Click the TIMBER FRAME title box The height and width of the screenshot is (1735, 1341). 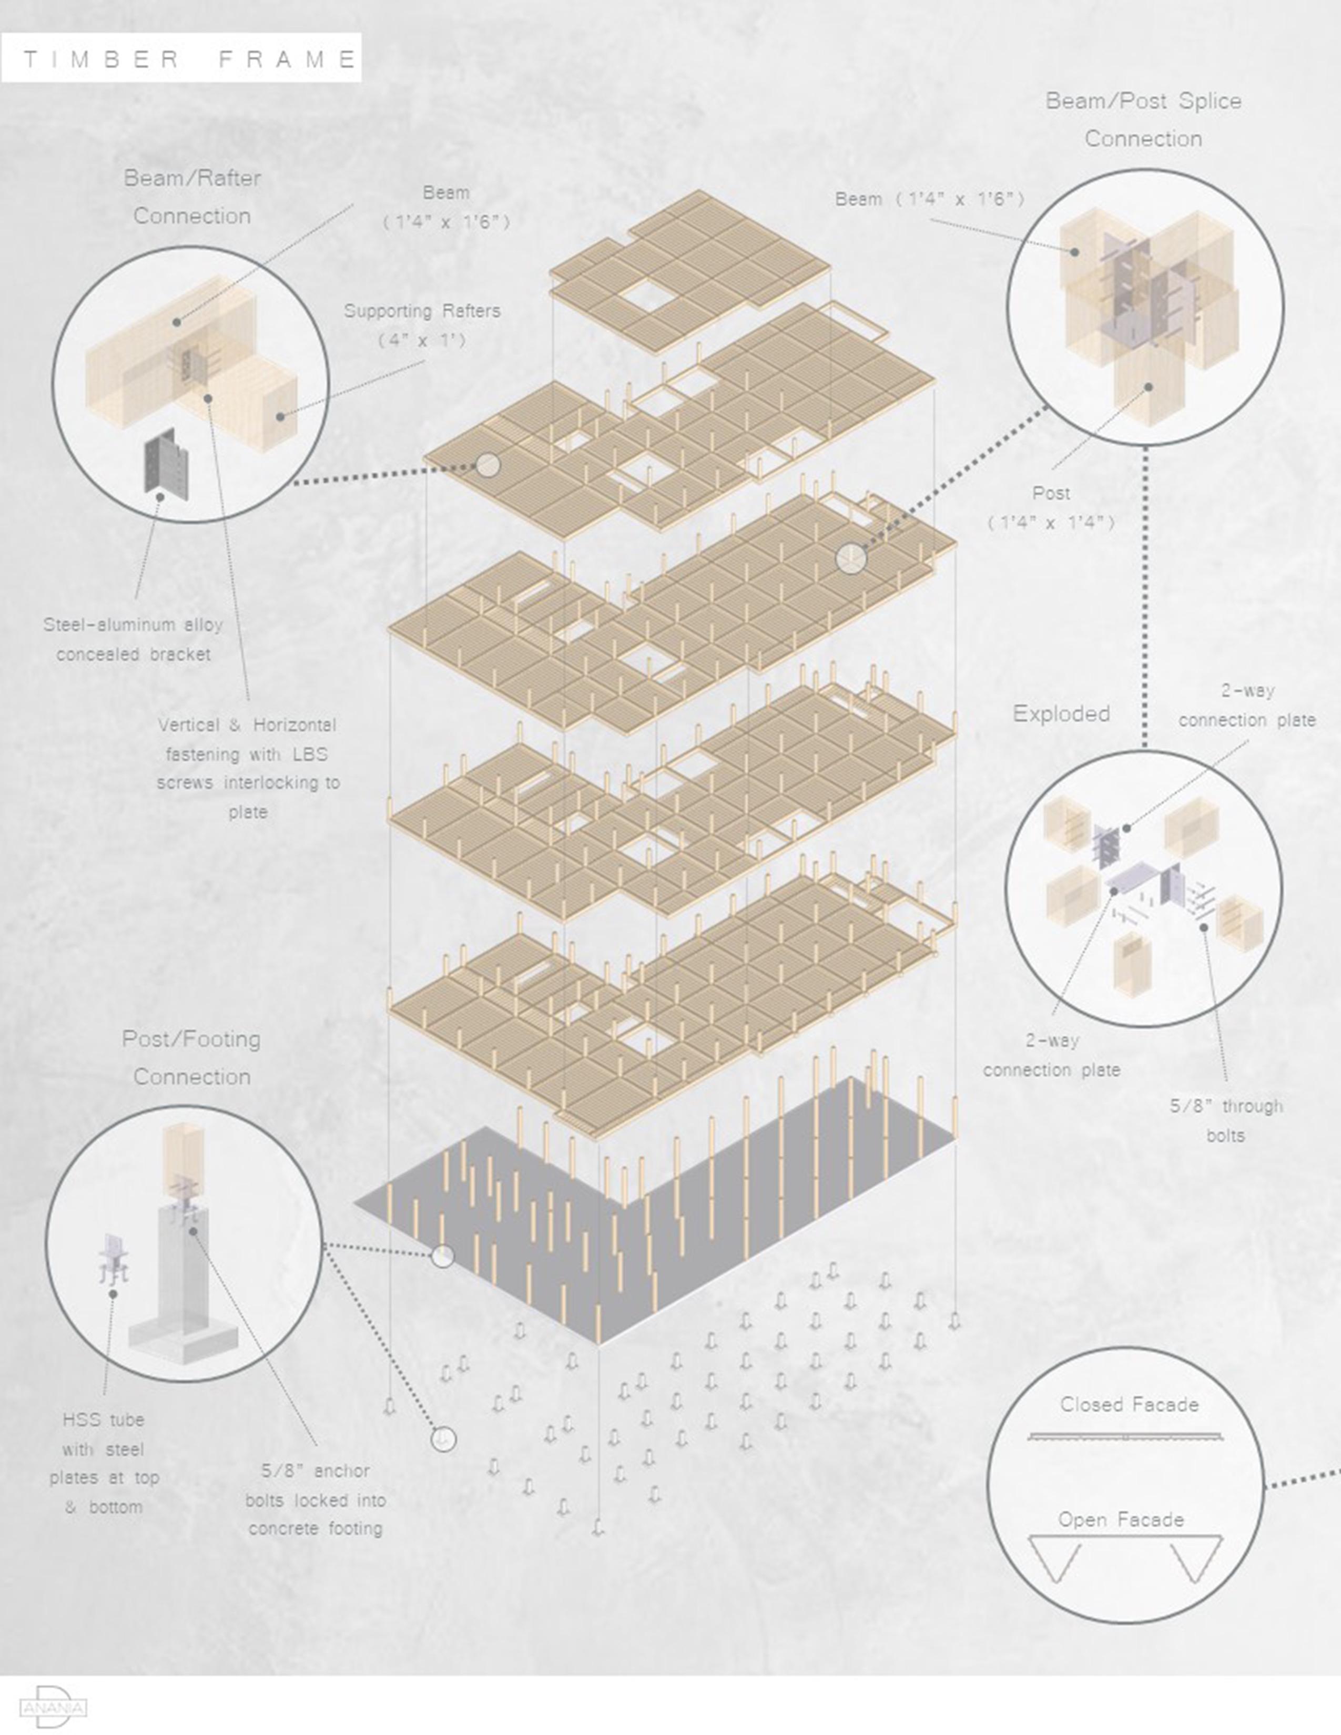click(x=181, y=58)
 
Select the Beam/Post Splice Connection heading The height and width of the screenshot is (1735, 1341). click(x=1143, y=120)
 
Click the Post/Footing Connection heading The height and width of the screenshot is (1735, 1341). click(x=191, y=1057)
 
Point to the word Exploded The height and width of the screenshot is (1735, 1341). click(x=1061, y=713)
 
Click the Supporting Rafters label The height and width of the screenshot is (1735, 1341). click(x=422, y=325)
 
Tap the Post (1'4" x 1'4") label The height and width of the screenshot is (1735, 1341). click(x=1051, y=508)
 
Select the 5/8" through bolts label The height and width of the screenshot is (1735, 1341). click(x=1226, y=1120)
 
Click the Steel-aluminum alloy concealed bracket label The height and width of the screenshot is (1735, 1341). click(x=134, y=639)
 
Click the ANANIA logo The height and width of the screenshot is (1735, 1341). click(x=53, y=1705)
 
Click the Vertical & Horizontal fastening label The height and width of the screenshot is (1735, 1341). click(x=248, y=768)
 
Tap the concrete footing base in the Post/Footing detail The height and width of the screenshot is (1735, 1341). click(x=182, y=1334)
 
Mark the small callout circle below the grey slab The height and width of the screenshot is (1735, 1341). click(x=443, y=1438)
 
